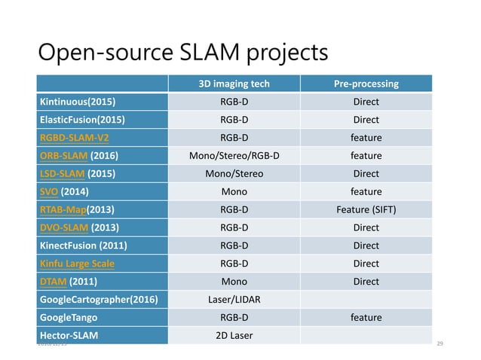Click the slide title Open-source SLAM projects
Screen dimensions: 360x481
[x=182, y=53]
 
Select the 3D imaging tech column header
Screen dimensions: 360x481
[x=234, y=84]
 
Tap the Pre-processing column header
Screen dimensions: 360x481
[x=366, y=84]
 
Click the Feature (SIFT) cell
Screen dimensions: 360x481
[x=366, y=210]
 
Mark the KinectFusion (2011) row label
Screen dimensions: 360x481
[x=83, y=246]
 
